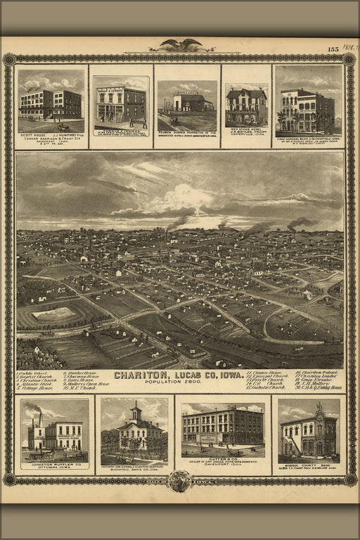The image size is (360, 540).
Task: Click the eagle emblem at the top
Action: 180,45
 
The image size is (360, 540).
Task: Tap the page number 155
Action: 333,49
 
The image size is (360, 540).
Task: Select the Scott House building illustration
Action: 51,103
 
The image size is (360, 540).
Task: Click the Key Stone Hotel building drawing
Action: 246,107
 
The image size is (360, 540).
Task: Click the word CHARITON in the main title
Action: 141,375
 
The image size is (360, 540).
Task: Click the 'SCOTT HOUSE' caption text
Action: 33,138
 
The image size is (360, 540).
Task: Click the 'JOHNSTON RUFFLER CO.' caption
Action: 53,465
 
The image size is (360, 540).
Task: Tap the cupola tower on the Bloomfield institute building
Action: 135,411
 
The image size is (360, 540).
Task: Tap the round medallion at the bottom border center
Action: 179,480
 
